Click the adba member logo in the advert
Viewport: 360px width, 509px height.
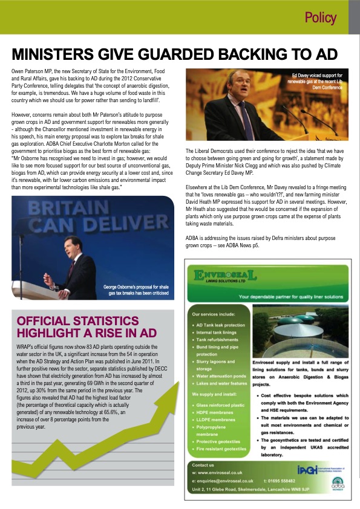point(336,499)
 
